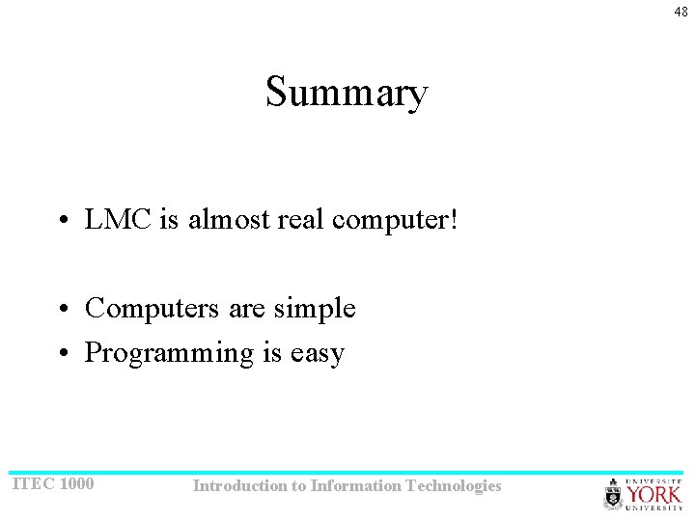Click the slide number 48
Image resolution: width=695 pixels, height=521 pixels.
(681, 12)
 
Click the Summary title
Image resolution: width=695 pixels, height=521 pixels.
(347, 93)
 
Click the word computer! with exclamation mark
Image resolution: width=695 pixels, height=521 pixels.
(395, 221)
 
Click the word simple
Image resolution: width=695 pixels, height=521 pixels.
(315, 310)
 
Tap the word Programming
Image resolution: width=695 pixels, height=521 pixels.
(169, 354)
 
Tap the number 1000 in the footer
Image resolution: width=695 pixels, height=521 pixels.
(76, 483)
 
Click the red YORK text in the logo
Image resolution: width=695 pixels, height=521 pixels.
(654, 496)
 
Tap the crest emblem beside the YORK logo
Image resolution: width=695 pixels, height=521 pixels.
(614, 496)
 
